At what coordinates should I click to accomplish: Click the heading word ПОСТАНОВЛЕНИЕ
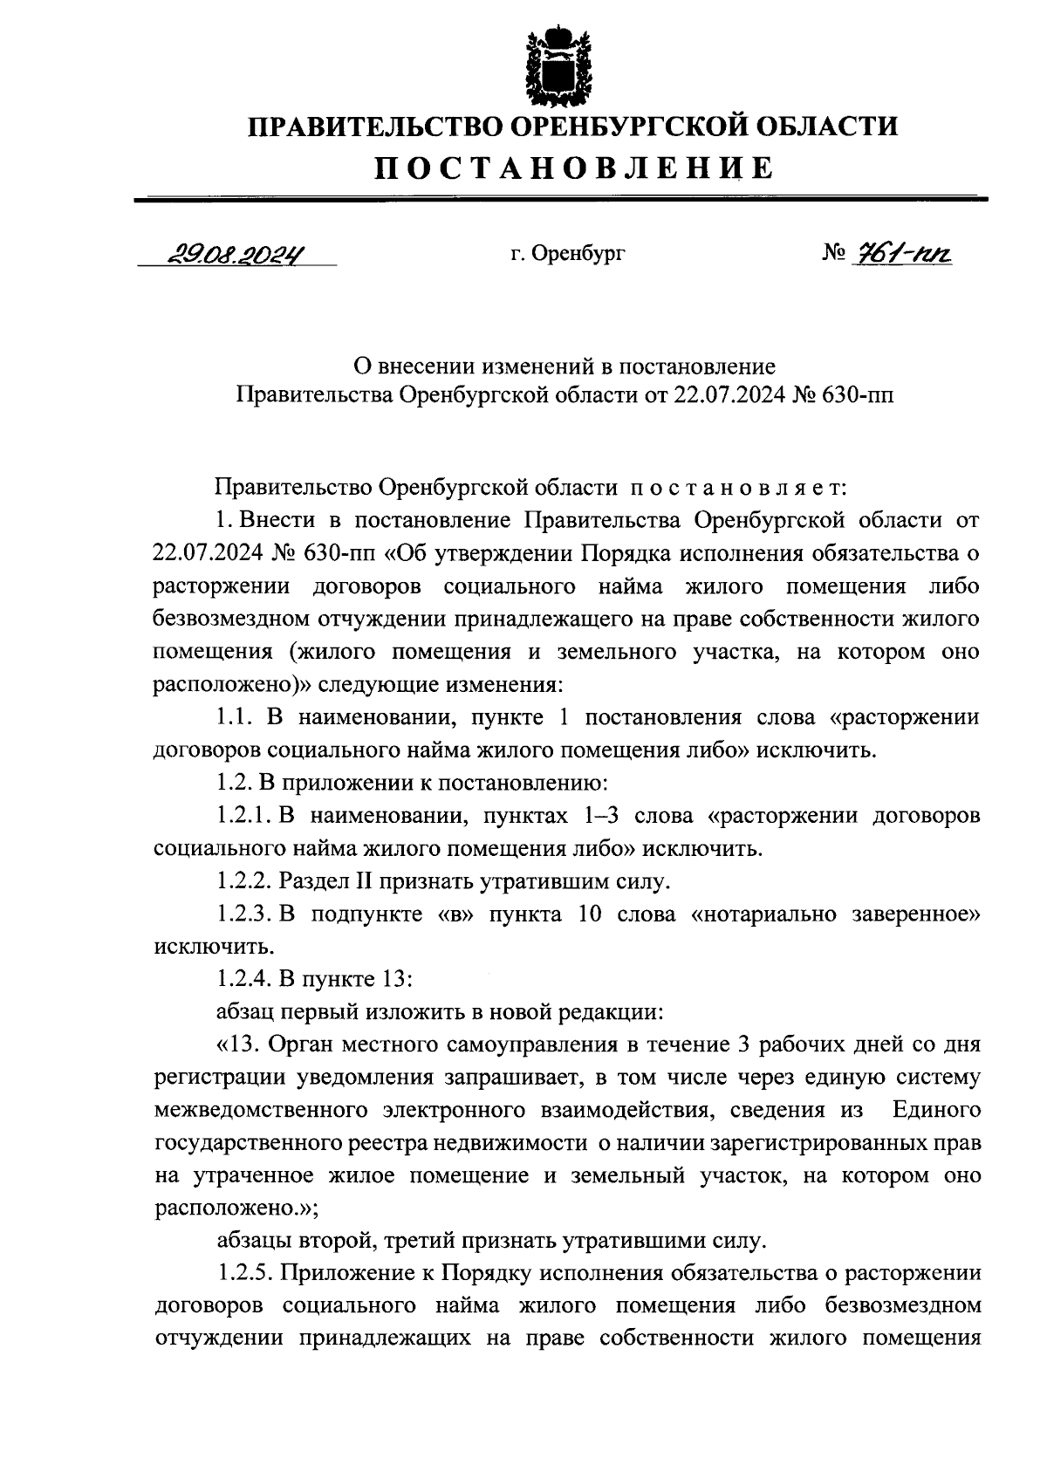pos(573,167)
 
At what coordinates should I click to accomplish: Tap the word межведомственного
pos(266,1110)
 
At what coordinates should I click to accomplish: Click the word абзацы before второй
pos(254,1240)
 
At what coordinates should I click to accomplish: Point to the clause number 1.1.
pos(234,717)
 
